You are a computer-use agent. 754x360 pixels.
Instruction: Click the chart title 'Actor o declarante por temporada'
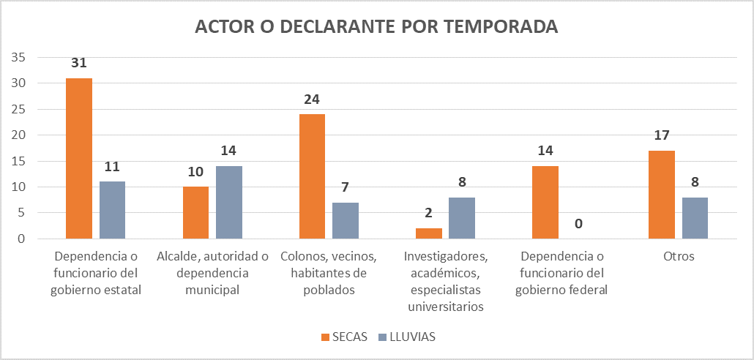[x=376, y=27]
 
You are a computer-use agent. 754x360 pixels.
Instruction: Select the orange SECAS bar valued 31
[x=79, y=158]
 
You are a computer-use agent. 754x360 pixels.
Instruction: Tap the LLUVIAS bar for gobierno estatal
[x=112, y=210]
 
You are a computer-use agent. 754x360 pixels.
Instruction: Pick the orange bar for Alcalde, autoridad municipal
[x=195, y=212]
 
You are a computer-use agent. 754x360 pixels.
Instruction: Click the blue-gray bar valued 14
[x=228, y=202]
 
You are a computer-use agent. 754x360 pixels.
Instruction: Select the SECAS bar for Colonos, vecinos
[x=312, y=176]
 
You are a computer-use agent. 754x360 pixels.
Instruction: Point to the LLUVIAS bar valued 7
[x=346, y=220]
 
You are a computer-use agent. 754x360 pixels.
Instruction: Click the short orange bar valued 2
[x=429, y=233]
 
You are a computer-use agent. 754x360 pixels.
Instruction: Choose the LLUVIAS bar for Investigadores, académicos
[x=462, y=218]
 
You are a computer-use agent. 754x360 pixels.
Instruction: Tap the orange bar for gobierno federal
[x=545, y=202]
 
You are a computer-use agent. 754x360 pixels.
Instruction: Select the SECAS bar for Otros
[x=662, y=195]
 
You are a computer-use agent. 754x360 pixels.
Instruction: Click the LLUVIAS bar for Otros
[x=695, y=218]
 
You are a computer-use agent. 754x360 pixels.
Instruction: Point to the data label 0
[x=578, y=224]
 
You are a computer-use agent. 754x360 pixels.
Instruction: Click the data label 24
[x=313, y=99]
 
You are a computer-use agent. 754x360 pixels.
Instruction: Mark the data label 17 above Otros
[x=662, y=135]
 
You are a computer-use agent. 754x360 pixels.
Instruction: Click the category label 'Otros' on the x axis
[x=679, y=257]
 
